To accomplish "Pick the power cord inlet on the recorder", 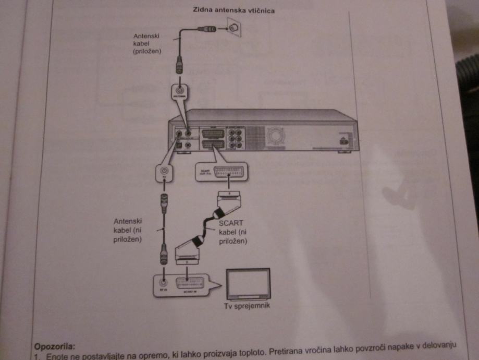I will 342,140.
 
